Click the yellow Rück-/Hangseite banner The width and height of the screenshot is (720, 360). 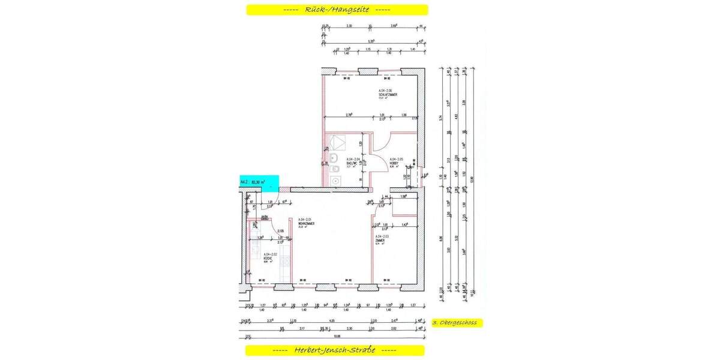click(x=337, y=10)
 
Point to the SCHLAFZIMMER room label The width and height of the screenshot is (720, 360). click(x=388, y=95)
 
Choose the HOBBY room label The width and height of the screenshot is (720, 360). click(x=395, y=163)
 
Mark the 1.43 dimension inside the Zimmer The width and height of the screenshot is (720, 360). click(x=405, y=225)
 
